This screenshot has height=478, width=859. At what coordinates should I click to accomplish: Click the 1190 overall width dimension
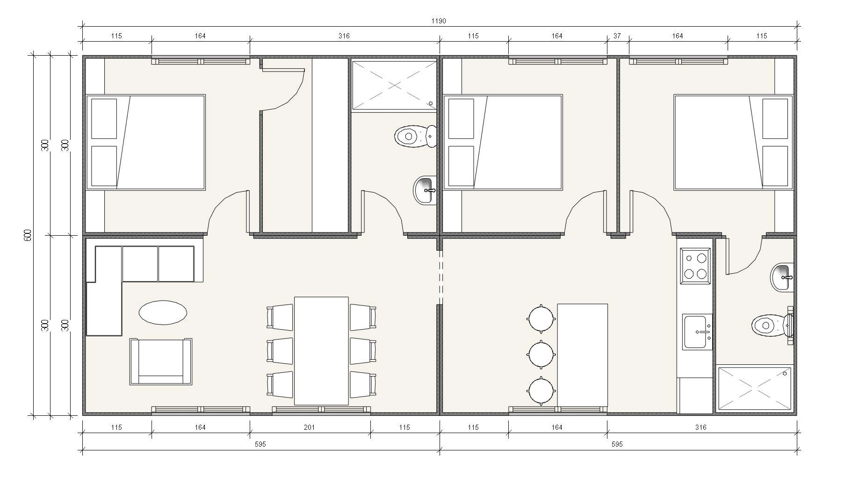click(x=439, y=21)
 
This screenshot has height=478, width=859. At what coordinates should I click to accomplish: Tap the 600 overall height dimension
click(x=28, y=235)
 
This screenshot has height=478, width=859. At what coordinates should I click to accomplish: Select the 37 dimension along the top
click(x=617, y=36)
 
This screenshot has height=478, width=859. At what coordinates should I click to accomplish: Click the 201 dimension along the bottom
click(x=310, y=427)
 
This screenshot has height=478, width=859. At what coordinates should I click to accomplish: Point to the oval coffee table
click(x=163, y=312)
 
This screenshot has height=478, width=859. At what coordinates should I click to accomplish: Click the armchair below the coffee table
click(x=161, y=362)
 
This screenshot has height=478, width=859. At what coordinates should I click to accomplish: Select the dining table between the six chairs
click(x=321, y=351)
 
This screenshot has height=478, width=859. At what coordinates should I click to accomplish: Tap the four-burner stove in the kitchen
click(x=695, y=266)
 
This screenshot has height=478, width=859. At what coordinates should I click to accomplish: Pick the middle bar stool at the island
click(x=541, y=355)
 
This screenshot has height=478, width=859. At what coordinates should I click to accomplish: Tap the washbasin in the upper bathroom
click(x=425, y=190)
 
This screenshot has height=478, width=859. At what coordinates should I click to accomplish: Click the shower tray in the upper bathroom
click(x=394, y=85)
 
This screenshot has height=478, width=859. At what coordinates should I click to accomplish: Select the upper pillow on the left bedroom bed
click(x=104, y=119)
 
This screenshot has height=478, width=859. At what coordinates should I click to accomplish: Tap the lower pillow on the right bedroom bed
click(x=775, y=166)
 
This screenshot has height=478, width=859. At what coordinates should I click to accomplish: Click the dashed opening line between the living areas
click(x=440, y=278)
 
